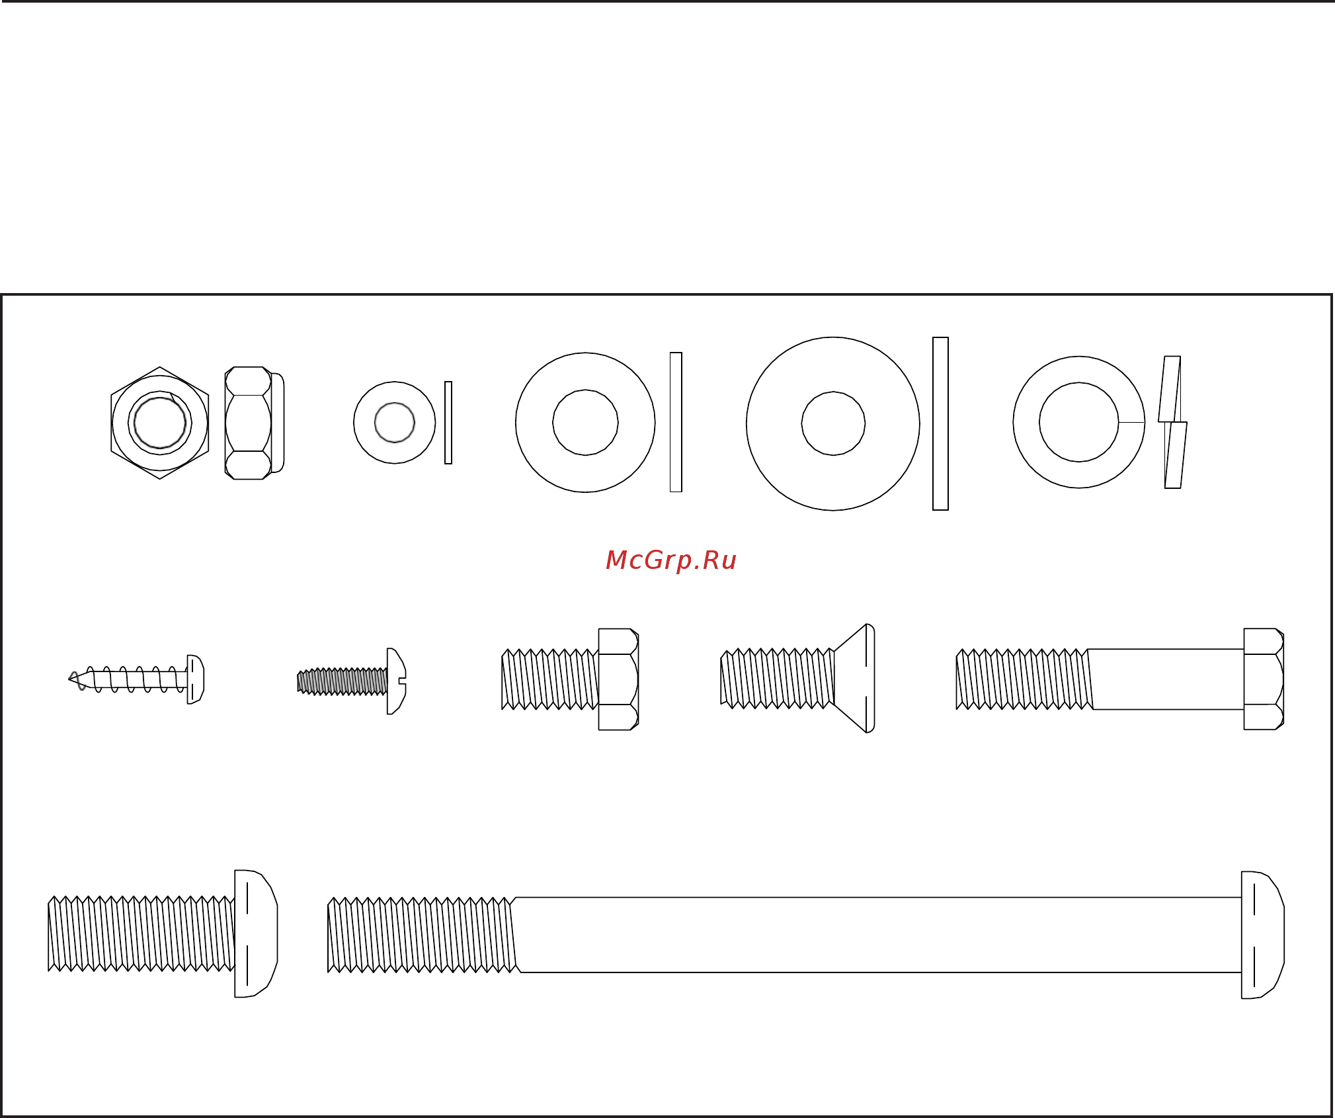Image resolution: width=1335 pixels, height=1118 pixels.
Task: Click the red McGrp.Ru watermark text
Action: (x=670, y=560)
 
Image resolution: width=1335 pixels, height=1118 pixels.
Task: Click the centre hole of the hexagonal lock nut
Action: (x=160, y=423)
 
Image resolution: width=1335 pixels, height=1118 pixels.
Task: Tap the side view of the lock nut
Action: (x=255, y=423)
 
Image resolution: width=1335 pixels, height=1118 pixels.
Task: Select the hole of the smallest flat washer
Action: (x=395, y=422)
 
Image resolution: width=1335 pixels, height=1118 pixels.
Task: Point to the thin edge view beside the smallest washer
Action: (x=448, y=423)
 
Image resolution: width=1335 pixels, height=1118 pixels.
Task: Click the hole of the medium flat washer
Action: (x=585, y=422)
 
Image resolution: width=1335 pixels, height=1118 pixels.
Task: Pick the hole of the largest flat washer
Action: (x=833, y=423)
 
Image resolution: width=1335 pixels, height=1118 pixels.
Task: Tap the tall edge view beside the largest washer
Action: (x=940, y=423)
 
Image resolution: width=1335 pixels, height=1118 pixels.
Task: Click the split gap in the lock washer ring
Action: (x=1131, y=422)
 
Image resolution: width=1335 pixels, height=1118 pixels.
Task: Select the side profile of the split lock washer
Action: (x=1172, y=422)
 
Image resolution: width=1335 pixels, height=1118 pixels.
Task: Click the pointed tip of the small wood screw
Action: (x=69, y=679)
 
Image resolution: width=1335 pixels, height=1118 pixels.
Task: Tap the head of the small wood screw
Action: (x=196, y=679)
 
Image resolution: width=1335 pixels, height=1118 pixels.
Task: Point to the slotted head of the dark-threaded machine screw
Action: (x=397, y=681)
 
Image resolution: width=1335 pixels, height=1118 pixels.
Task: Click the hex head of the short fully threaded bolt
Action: (x=618, y=679)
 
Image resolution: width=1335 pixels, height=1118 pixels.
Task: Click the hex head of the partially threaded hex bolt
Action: (x=1264, y=679)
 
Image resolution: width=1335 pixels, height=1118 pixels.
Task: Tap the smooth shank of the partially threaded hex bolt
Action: (x=1167, y=679)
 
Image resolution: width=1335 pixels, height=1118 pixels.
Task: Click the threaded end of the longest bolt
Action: (x=422, y=935)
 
